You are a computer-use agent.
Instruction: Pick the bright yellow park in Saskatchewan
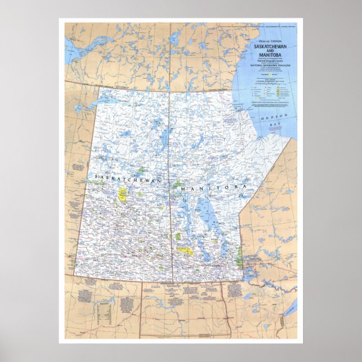[122, 194]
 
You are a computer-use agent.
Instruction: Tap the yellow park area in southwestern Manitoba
[184, 251]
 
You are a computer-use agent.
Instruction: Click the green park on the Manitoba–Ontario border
[240, 259]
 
